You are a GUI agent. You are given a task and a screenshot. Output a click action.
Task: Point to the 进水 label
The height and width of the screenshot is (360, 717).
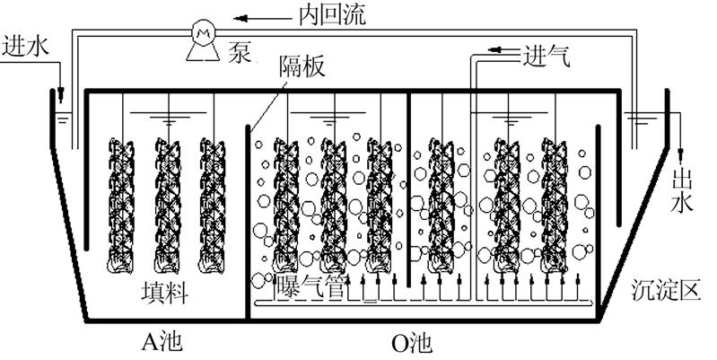tap(24, 44)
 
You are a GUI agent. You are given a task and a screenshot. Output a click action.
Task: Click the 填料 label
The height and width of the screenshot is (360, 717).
tap(164, 292)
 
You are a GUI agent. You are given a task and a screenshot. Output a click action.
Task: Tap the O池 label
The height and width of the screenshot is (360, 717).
tap(413, 342)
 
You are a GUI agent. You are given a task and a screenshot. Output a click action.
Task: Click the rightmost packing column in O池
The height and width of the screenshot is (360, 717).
tap(557, 205)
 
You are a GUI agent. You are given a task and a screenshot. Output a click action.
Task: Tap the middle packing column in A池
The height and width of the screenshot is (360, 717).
tap(167, 205)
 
